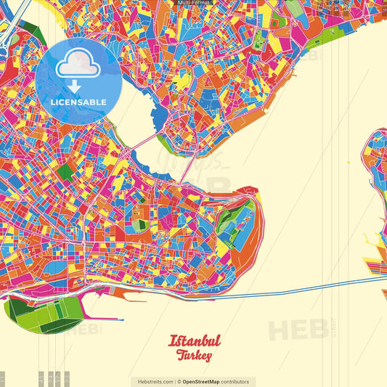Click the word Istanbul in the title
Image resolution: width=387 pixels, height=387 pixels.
click(195, 341)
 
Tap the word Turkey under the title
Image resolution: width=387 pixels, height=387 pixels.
click(194, 356)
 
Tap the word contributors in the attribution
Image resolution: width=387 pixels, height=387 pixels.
click(235, 381)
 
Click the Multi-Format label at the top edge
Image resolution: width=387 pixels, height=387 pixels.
click(193, 3)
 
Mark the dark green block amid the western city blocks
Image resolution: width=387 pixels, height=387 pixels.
click(65, 172)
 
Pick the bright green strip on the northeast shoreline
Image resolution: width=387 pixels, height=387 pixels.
click(294, 9)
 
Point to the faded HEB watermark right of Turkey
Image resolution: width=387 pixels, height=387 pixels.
click(298, 330)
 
